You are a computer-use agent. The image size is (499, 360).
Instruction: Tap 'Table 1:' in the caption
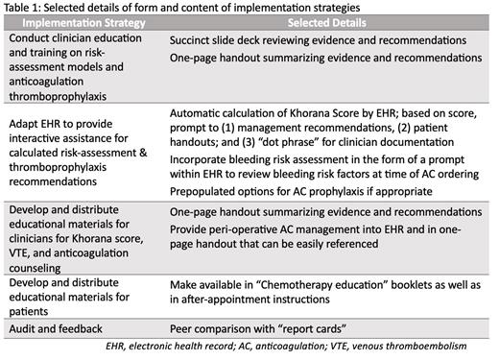25,8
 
